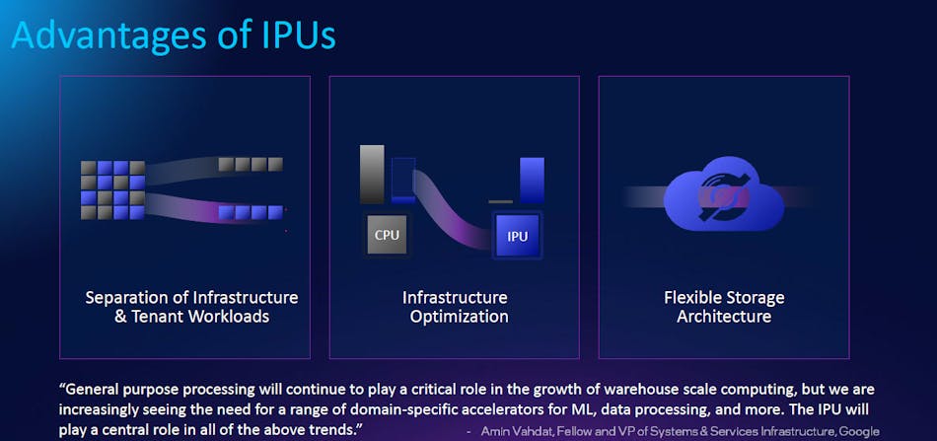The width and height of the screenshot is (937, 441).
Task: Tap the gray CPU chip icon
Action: (387, 235)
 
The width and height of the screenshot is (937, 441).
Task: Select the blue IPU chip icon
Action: (517, 237)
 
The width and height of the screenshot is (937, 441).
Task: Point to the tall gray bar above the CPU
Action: (372, 175)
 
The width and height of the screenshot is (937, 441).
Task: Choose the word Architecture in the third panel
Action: (724, 317)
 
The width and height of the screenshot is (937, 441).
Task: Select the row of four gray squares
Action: (251, 164)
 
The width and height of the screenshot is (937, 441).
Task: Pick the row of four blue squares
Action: (251, 212)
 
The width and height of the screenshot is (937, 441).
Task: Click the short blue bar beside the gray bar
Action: (403, 180)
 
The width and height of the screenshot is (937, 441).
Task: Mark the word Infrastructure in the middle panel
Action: (455, 297)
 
